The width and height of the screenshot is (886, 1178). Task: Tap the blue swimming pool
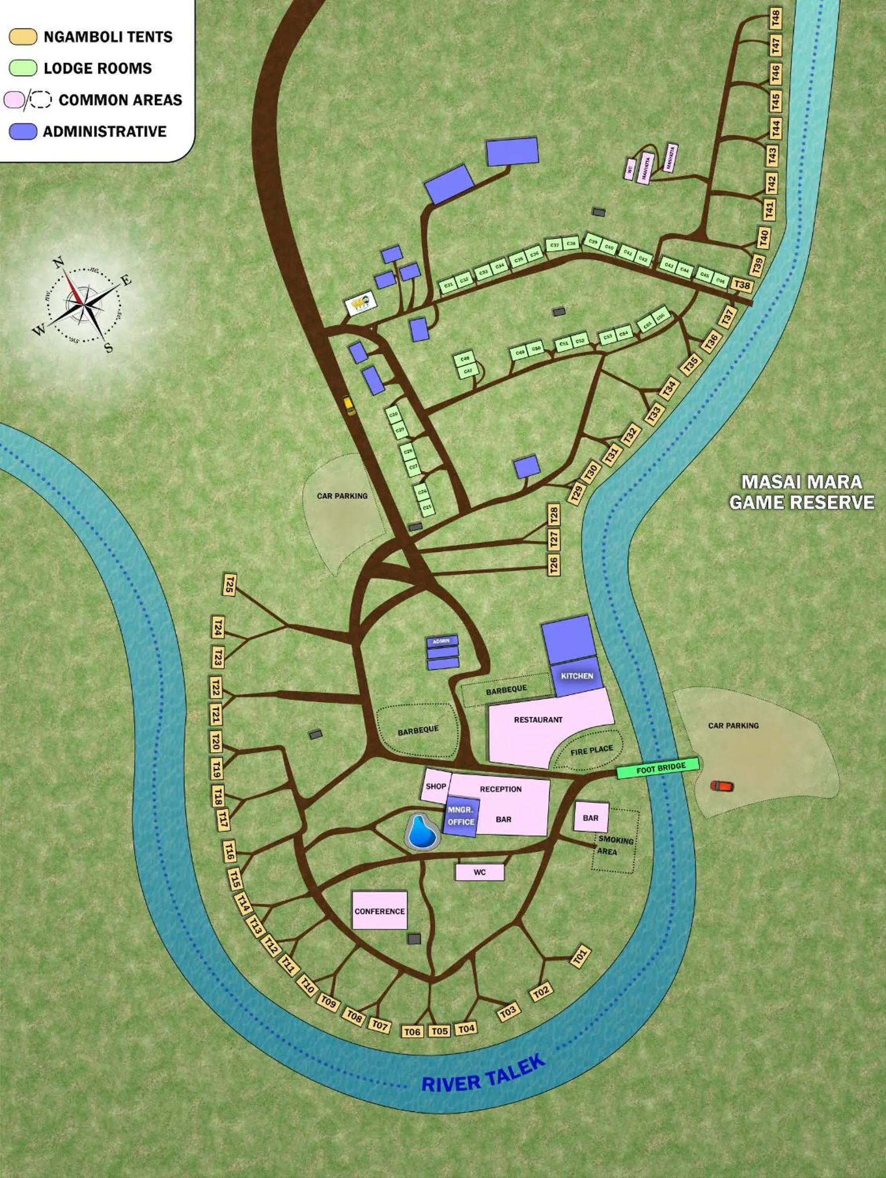click(x=423, y=832)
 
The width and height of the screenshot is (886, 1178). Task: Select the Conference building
click(x=380, y=911)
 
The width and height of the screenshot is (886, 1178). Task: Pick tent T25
click(x=229, y=584)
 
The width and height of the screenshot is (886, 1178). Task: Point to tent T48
click(x=776, y=19)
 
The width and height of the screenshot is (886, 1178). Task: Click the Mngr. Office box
click(x=461, y=816)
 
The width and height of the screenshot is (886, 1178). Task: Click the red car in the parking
click(x=721, y=785)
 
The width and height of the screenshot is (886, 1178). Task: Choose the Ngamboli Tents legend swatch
click(x=23, y=37)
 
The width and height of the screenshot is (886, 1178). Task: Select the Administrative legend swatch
click(x=23, y=131)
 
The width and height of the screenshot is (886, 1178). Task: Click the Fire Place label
click(x=591, y=750)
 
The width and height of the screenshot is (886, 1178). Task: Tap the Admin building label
click(x=441, y=641)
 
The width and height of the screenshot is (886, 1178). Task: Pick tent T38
click(x=742, y=285)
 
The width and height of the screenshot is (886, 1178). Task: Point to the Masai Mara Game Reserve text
click(x=801, y=492)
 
